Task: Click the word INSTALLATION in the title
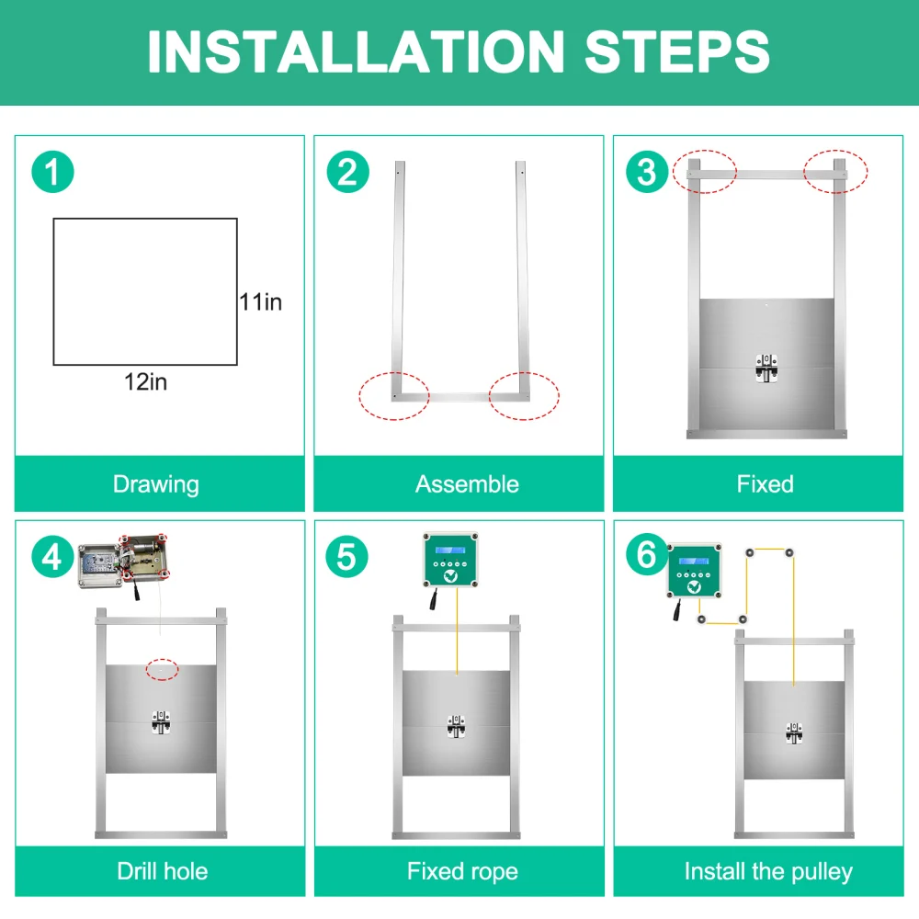[x=356, y=52]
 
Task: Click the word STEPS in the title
[x=677, y=52]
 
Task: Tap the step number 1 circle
[x=52, y=172]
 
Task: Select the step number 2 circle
[x=347, y=172]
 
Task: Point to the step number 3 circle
[x=647, y=172]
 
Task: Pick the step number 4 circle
[x=52, y=556]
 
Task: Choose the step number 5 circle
[x=347, y=556]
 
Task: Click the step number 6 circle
[x=646, y=554]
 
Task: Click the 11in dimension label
[x=261, y=302]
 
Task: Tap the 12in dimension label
[x=146, y=382]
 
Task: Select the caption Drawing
[x=156, y=485]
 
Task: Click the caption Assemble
[x=467, y=484]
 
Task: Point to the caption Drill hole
[x=163, y=871]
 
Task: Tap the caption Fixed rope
[x=462, y=872]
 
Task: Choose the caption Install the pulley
[x=768, y=872]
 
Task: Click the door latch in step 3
[x=766, y=369]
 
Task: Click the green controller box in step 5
[x=450, y=560]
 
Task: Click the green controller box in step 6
[x=695, y=571]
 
